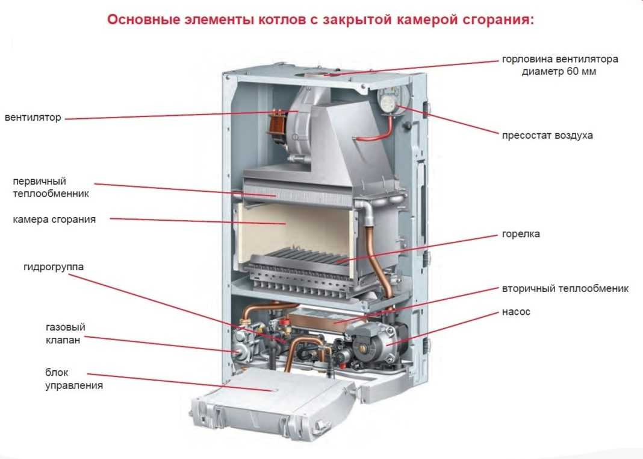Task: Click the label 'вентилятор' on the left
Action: [33, 118]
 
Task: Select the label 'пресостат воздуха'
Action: [547, 135]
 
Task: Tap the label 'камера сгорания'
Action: [54, 220]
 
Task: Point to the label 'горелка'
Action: [521, 234]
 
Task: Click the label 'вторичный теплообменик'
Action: [565, 289]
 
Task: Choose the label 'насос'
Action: [516, 312]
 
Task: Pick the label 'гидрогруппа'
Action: [54, 267]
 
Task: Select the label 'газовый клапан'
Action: [65, 334]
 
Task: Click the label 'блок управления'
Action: [73, 379]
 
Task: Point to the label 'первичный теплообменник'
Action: [51, 188]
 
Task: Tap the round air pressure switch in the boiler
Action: [388, 102]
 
